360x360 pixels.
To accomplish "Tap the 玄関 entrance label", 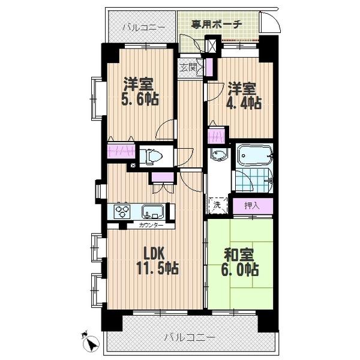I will coord(187,67).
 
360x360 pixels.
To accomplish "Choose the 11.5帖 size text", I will coord(157,267).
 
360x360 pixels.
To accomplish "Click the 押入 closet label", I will coord(252,205).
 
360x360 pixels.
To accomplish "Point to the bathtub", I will coord(253,157).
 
